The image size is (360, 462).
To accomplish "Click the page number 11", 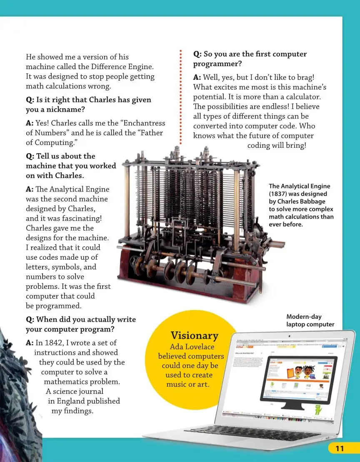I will (340, 448).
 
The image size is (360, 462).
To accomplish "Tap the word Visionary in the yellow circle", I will (194, 335).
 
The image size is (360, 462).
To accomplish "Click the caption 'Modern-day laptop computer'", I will (310, 320).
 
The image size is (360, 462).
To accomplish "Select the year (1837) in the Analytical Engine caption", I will (281, 194).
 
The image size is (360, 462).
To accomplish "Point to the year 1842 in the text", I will (53, 343).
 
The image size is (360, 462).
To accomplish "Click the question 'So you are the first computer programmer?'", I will (250, 59).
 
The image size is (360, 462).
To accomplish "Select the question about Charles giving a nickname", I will (88, 104).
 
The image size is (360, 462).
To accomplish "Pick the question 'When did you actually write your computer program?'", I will (81, 324).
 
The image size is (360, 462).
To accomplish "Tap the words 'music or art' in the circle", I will (187, 384).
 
